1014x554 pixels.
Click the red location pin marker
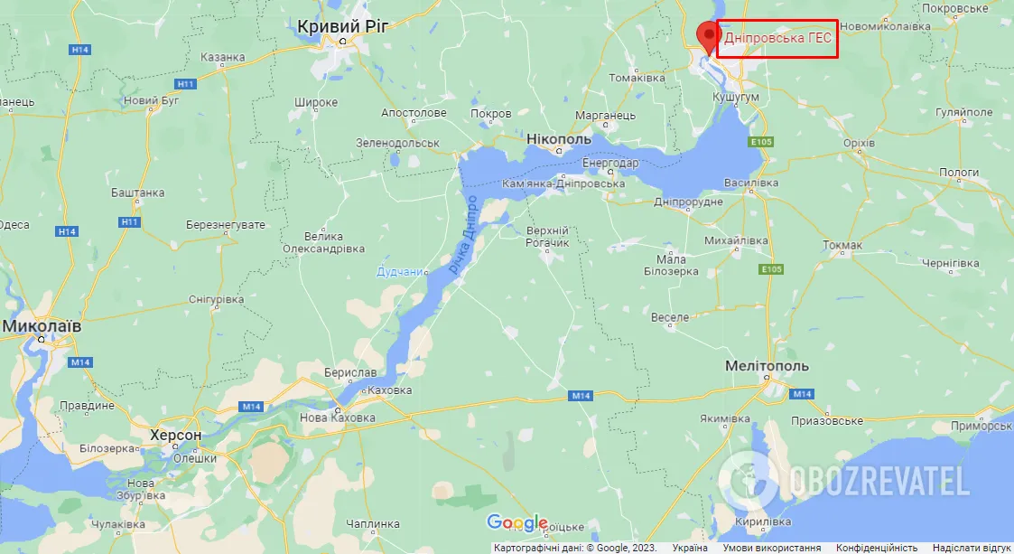click(708, 35)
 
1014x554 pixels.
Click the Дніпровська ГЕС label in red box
click(777, 40)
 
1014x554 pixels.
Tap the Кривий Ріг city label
click(342, 27)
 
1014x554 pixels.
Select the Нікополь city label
click(558, 140)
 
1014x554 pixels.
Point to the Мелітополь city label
click(767, 366)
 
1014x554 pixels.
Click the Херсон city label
click(176, 435)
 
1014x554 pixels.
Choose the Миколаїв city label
click(42, 324)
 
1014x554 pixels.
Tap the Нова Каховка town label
click(339, 418)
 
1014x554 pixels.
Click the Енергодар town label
click(610, 163)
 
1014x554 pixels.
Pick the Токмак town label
click(842, 245)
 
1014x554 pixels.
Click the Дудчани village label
click(400, 271)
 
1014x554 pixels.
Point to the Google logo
click(516, 522)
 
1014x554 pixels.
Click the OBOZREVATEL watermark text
click(879, 482)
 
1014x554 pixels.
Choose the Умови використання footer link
click(771, 548)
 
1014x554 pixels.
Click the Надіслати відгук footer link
click(972, 548)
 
